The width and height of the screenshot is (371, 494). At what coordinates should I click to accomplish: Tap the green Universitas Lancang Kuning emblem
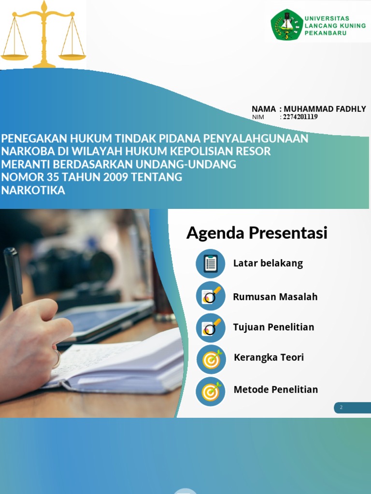pos(287,25)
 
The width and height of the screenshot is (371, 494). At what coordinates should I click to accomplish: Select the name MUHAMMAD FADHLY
pos(325,109)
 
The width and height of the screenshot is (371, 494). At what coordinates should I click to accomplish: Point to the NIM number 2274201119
pos(300,117)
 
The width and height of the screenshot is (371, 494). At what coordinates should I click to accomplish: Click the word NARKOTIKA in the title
pos(33,190)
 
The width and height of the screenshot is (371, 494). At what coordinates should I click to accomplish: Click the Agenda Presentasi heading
pos(257,233)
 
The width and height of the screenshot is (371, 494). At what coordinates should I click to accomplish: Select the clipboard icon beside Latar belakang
pos(211,263)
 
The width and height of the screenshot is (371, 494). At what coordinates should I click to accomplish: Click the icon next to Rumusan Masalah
pos(211,296)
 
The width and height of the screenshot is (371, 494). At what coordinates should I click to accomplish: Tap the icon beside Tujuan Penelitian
pos(211,328)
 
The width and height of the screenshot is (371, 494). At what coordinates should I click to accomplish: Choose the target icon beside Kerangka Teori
pos(211,359)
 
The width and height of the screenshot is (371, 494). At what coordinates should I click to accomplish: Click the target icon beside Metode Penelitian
pos(211,391)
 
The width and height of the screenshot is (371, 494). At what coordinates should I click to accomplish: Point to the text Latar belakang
pos(268,263)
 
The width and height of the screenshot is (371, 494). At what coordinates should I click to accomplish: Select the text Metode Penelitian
pos(275,389)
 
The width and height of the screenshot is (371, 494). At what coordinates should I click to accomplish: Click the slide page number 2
pos(341,408)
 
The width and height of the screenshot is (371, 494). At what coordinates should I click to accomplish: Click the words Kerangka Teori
pos(269,357)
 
